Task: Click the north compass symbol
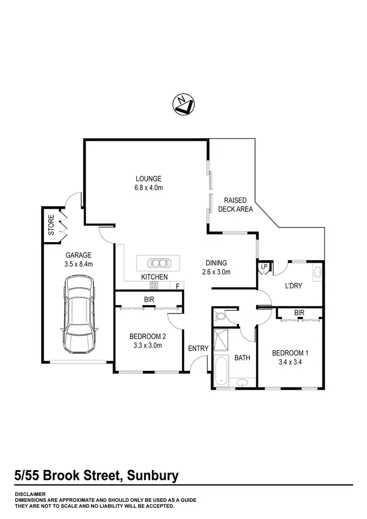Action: (184, 104)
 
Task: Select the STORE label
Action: (51, 225)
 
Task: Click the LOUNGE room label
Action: (148, 179)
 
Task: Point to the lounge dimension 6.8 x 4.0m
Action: (148, 188)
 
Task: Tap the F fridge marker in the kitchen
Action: (177, 286)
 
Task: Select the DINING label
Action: (216, 263)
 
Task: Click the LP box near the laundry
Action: (264, 267)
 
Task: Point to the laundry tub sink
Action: (316, 272)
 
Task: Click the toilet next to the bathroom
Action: (221, 316)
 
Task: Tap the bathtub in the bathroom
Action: (221, 370)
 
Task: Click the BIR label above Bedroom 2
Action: (149, 298)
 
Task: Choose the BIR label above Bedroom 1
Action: (299, 312)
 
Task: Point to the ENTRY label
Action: (199, 348)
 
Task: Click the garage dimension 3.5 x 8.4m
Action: (79, 264)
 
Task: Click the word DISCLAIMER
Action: (30, 494)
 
